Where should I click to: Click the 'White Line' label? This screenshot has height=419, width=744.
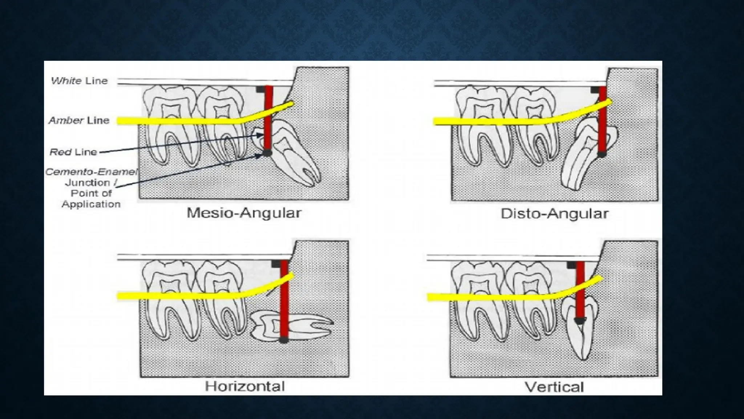click(79, 81)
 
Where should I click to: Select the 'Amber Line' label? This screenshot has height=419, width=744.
click(79, 120)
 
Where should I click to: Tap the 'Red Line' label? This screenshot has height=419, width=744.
click(73, 152)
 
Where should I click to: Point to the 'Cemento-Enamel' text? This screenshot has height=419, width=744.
click(91, 172)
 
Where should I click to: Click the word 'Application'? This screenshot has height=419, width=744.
click(91, 204)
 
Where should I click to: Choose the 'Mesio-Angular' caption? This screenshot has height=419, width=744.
click(244, 213)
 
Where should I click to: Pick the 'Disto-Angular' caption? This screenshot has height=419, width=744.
click(554, 214)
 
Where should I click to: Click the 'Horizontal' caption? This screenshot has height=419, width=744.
click(245, 386)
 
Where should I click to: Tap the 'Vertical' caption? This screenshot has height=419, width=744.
click(554, 387)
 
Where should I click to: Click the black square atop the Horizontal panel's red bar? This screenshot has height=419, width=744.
click(276, 264)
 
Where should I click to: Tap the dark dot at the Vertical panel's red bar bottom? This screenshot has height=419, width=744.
click(580, 320)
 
